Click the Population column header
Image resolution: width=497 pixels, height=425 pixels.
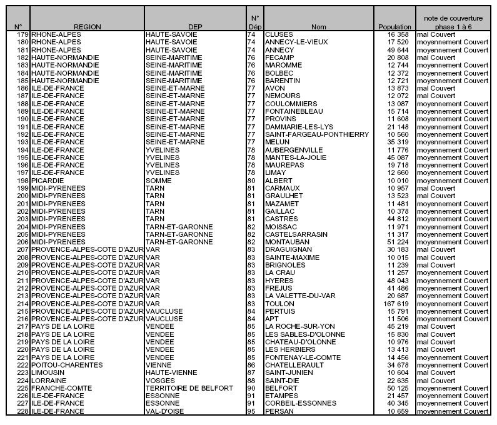tap(395, 27)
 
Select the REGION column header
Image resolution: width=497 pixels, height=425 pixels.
tap(87, 27)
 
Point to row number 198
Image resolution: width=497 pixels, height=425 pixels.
tap(23, 181)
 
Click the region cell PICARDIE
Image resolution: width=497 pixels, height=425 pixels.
tap(49, 181)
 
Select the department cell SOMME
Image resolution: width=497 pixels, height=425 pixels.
tap(159, 181)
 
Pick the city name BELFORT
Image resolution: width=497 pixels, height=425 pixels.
tap(281, 388)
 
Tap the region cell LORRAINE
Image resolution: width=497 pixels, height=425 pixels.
tap(49, 381)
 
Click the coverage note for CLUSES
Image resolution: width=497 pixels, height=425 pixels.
tap(436, 34)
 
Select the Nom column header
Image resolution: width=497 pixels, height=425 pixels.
tap(319, 27)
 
